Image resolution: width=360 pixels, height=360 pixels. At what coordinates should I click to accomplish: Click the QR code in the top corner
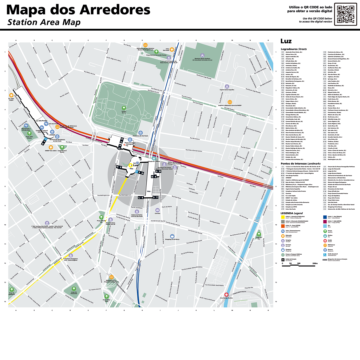coord(345,14)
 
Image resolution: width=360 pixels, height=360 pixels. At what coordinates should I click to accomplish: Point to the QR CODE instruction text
coord(302,12)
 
